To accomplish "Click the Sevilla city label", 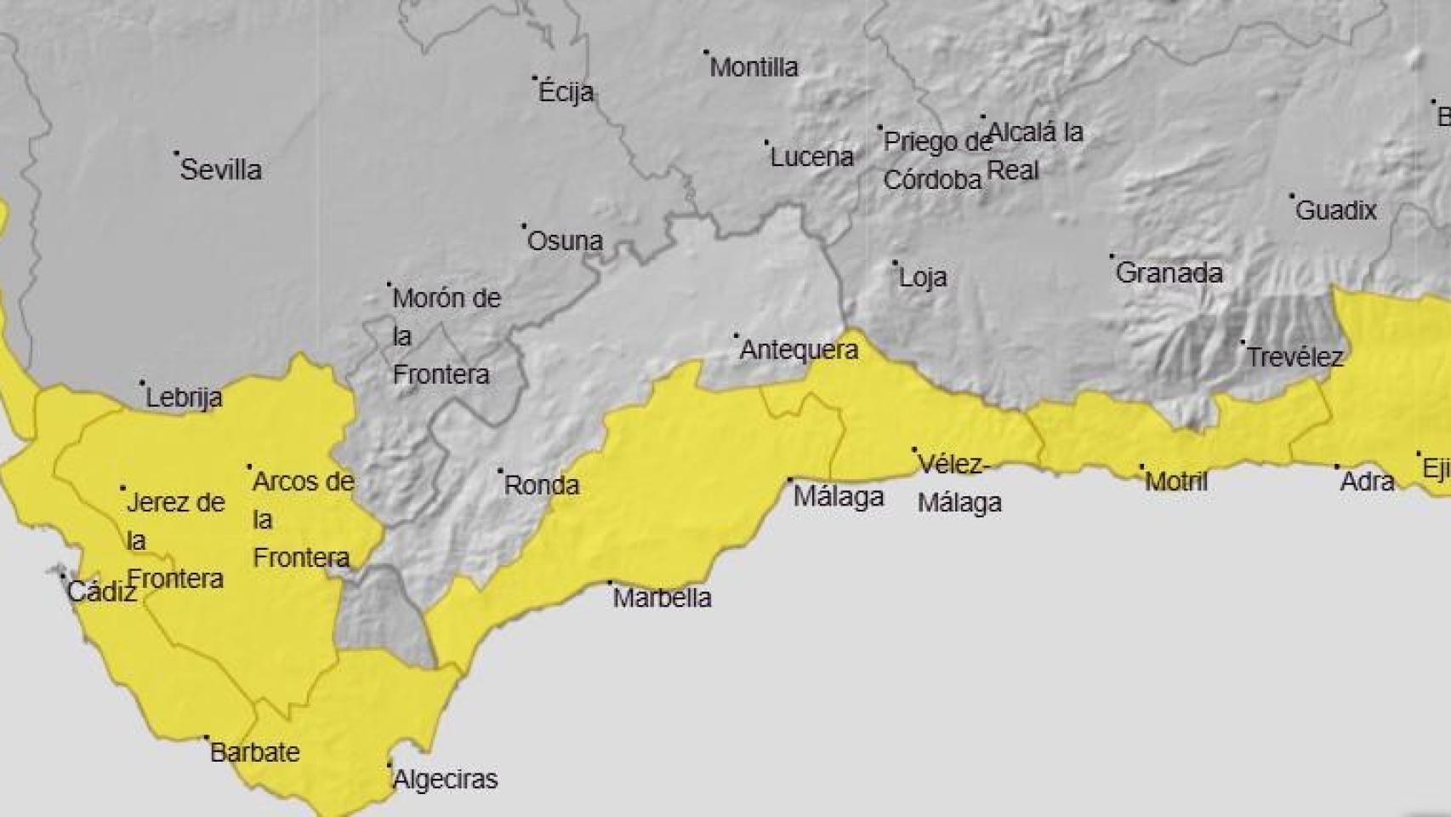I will point(220,169).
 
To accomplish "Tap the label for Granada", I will point(1169,273).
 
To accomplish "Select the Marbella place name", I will point(662,597).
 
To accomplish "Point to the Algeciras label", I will point(446,780).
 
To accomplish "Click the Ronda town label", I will point(542,486).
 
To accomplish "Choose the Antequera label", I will point(799,350).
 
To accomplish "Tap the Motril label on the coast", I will point(1176,482).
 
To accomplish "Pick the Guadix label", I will point(1335,210).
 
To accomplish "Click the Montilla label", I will point(754,67).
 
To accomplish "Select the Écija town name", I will point(566,92).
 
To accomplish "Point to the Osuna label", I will point(565,241).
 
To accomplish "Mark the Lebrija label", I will point(184,397).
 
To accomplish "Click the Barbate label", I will point(254,752).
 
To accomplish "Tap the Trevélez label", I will point(1294,357).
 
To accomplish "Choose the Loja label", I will point(923,277).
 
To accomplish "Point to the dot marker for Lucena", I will point(766,143).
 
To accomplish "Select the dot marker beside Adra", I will point(1336,466).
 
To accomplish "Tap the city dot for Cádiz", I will point(62,576).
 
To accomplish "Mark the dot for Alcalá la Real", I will point(983,117).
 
